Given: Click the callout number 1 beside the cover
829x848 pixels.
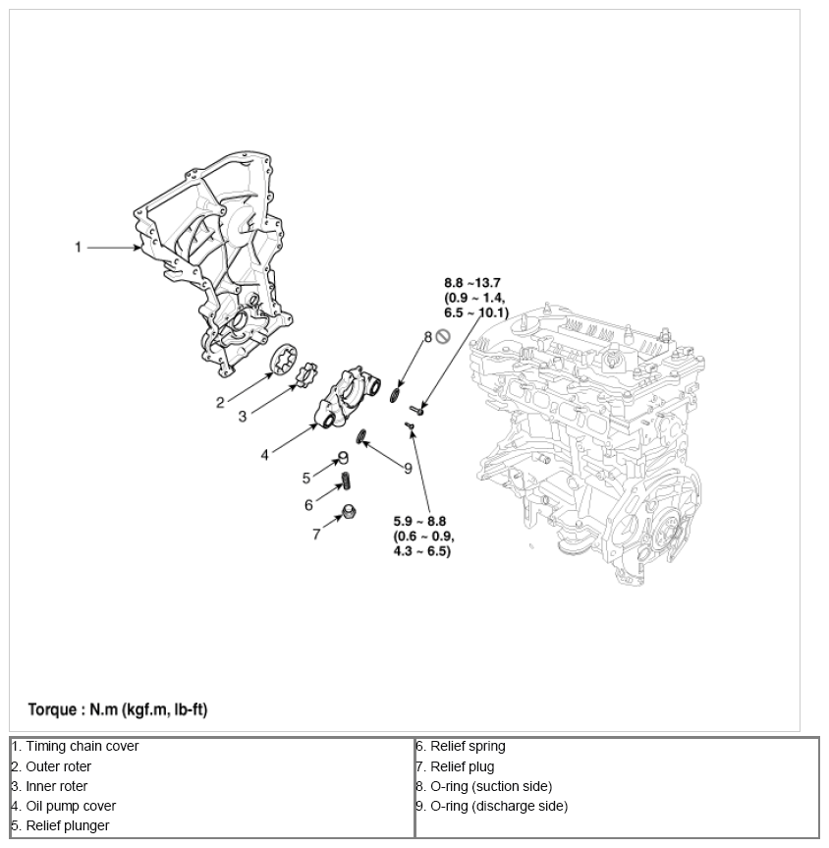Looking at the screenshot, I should point(79,248).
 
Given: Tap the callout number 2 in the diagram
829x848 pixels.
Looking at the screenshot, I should point(221,401).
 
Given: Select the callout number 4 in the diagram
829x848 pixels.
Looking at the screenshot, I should point(264,455).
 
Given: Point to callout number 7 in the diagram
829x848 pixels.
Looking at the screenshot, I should point(316,535).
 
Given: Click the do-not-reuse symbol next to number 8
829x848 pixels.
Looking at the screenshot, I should point(442,337).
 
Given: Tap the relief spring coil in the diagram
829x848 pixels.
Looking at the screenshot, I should point(346,482).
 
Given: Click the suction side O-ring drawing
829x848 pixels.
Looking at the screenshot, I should point(395,395).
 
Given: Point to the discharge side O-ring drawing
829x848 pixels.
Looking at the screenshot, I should point(360,435).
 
